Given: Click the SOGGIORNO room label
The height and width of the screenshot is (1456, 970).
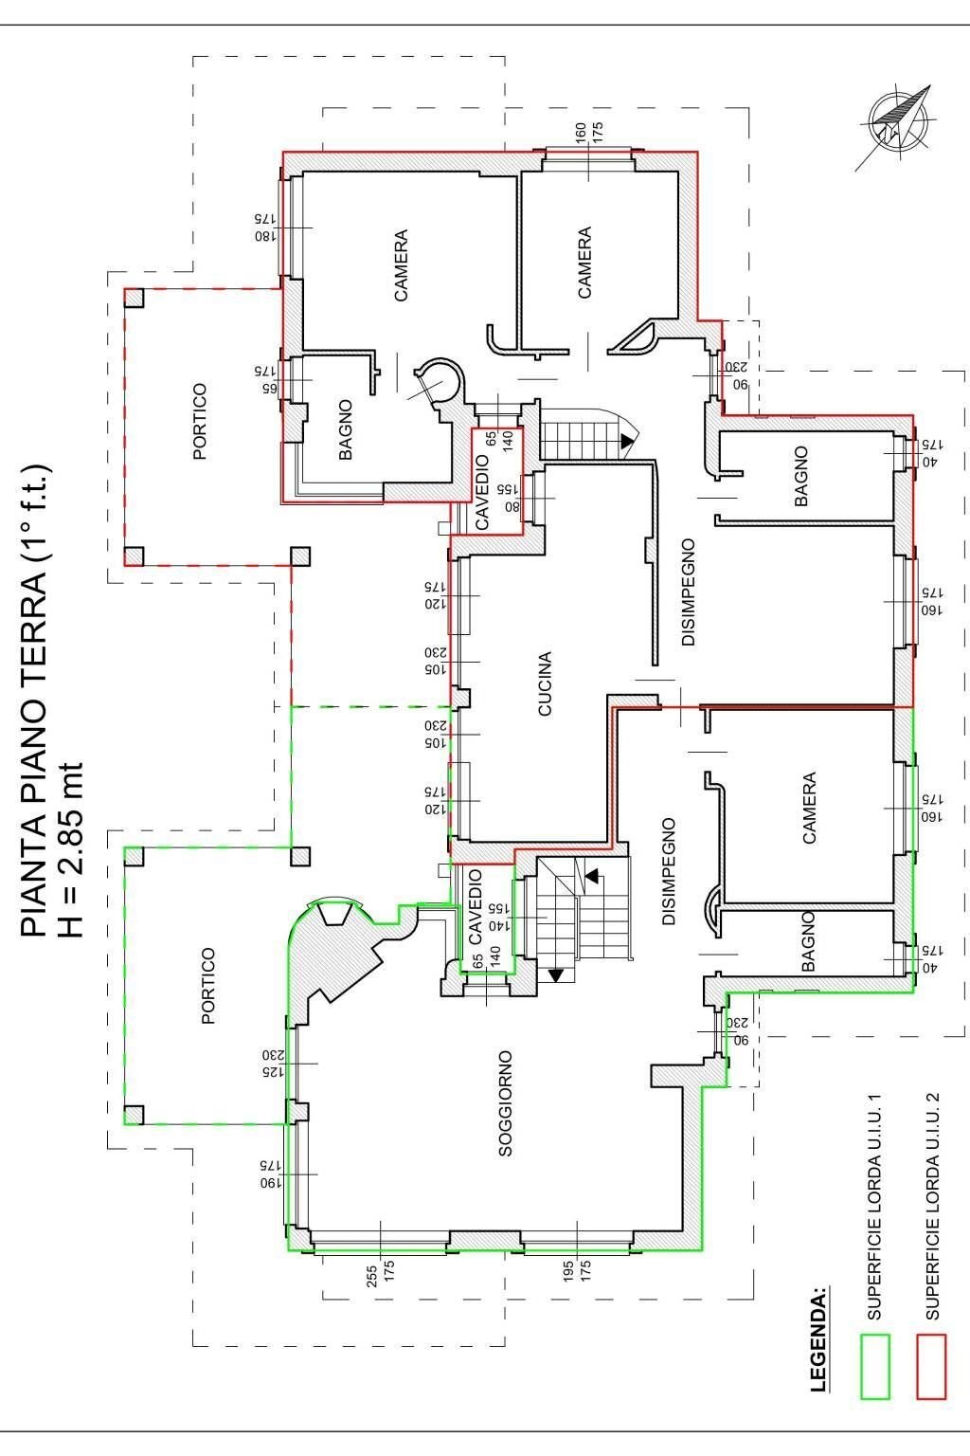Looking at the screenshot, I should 505,1102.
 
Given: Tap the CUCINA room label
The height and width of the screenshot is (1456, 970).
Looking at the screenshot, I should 545,683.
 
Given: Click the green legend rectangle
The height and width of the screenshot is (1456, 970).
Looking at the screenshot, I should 875,1366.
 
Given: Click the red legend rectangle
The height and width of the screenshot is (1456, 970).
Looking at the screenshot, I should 932,1366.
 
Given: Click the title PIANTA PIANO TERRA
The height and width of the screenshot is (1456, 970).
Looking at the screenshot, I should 34,701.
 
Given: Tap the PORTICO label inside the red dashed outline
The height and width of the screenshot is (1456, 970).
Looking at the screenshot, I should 199,422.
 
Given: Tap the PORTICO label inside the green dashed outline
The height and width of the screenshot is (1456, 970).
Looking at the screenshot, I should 208,986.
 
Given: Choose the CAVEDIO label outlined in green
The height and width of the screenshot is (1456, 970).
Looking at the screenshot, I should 476,907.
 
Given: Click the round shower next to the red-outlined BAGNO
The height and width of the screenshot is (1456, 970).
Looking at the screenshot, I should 438,382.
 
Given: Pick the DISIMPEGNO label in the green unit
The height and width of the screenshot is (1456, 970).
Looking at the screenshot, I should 669,871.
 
